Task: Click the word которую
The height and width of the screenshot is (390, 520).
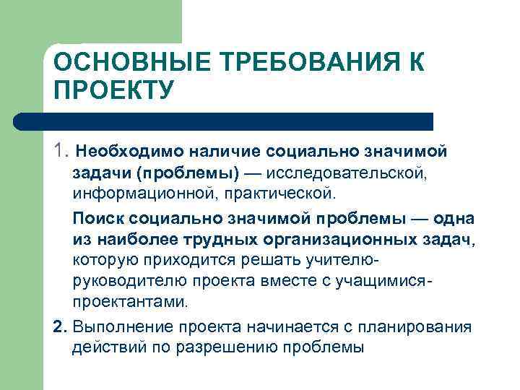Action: [105, 259]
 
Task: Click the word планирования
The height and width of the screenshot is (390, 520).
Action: [421, 327]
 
